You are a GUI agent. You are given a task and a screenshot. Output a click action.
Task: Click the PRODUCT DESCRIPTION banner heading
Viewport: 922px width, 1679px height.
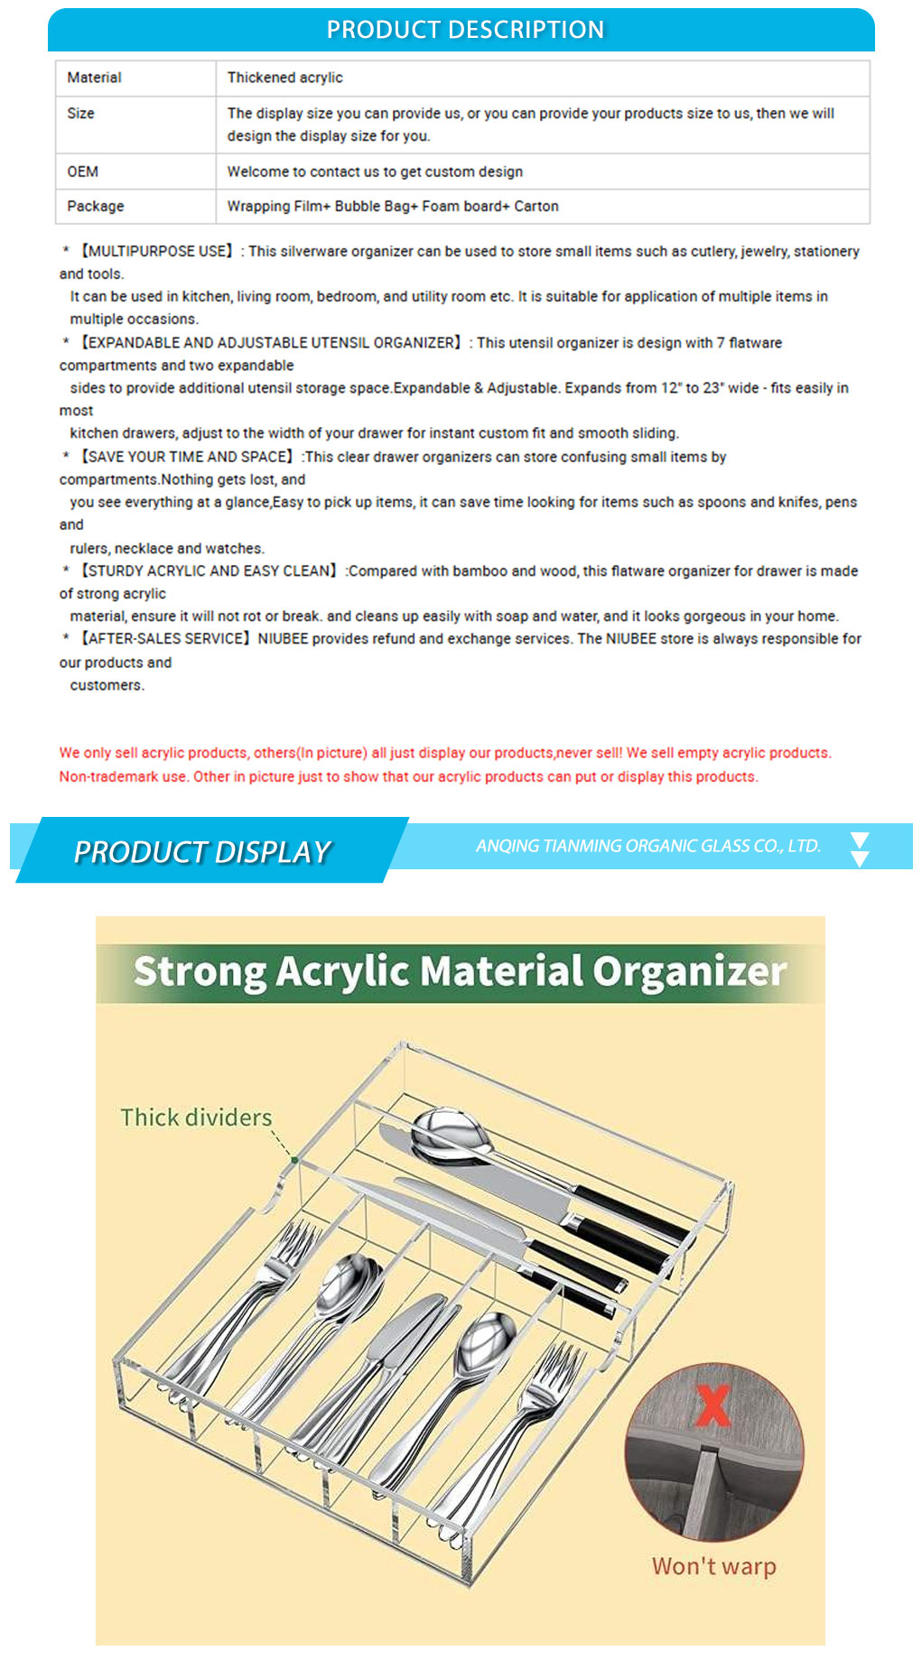click(x=465, y=30)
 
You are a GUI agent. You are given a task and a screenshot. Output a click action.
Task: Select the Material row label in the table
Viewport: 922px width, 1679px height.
click(x=94, y=78)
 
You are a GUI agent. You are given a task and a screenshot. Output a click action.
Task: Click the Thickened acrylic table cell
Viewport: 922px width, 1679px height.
click(x=284, y=78)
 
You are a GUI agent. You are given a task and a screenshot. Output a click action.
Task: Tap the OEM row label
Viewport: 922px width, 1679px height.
click(x=82, y=172)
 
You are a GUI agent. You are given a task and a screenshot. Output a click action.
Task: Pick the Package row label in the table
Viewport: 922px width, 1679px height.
click(x=95, y=206)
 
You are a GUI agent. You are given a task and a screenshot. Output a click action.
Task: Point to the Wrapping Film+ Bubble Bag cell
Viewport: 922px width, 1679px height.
click(x=393, y=206)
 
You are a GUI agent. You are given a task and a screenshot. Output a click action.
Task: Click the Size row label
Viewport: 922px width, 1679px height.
click(x=80, y=113)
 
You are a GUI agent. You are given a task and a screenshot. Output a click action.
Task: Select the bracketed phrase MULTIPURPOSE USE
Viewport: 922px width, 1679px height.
click(x=157, y=251)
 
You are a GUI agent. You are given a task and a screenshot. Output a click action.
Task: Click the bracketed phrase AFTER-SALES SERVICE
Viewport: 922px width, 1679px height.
click(x=165, y=638)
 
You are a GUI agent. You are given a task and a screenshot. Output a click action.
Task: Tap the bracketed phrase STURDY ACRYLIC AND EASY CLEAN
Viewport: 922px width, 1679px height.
click(x=209, y=570)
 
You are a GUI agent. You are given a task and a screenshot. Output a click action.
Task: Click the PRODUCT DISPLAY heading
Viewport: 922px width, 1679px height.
click(x=202, y=851)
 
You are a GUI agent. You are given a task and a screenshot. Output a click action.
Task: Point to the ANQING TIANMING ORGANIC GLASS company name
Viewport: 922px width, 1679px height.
click(x=647, y=846)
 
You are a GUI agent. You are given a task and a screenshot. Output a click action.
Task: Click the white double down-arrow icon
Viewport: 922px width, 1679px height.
click(x=860, y=849)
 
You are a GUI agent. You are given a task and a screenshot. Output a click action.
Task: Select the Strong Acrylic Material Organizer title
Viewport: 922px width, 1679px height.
click(x=460, y=972)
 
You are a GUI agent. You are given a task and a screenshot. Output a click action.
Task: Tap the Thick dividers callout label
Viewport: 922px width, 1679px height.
click(x=196, y=1118)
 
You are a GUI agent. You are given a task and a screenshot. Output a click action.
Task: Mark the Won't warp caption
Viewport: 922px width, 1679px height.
click(x=713, y=1566)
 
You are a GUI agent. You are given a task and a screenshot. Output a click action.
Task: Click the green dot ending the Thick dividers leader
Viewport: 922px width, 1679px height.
click(x=294, y=1160)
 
